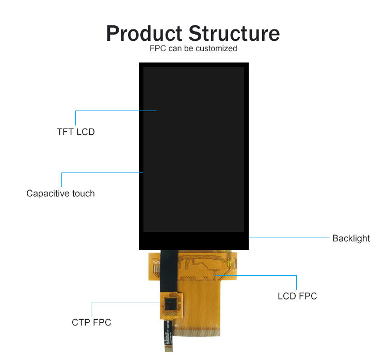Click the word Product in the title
click(x=144, y=34)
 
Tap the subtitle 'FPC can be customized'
click(x=193, y=49)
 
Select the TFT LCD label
click(x=76, y=132)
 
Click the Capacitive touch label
click(x=61, y=194)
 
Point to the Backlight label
click(x=351, y=238)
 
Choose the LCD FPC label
click(x=297, y=296)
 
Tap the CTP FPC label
click(x=91, y=323)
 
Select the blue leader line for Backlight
click(x=289, y=238)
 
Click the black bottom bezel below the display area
click(x=193, y=241)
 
